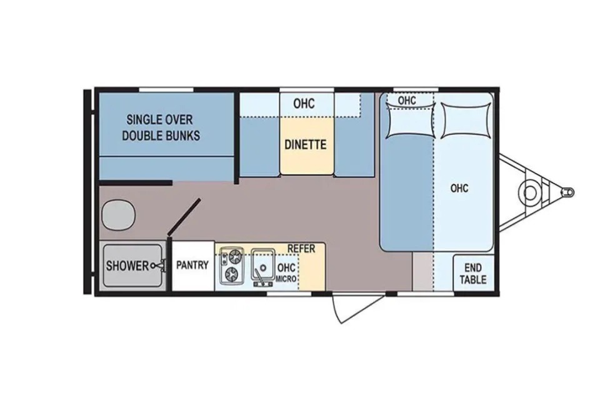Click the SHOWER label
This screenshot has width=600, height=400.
point(127,265)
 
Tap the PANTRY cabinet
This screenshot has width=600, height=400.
point(193,266)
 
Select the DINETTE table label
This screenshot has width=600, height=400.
point(306,145)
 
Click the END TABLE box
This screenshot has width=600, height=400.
point(473,273)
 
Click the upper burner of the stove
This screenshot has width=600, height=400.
point(234,256)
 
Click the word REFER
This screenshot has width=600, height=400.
point(301,248)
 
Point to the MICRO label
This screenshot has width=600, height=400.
point(286,279)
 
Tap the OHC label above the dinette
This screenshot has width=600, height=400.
point(304,103)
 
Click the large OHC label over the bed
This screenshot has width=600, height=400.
point(459,188)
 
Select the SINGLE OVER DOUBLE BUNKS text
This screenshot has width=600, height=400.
point(161,127)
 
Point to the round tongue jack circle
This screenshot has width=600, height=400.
point(530,192)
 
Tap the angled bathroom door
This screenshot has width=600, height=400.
point(184,216)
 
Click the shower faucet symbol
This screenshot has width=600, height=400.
point(159,265)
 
